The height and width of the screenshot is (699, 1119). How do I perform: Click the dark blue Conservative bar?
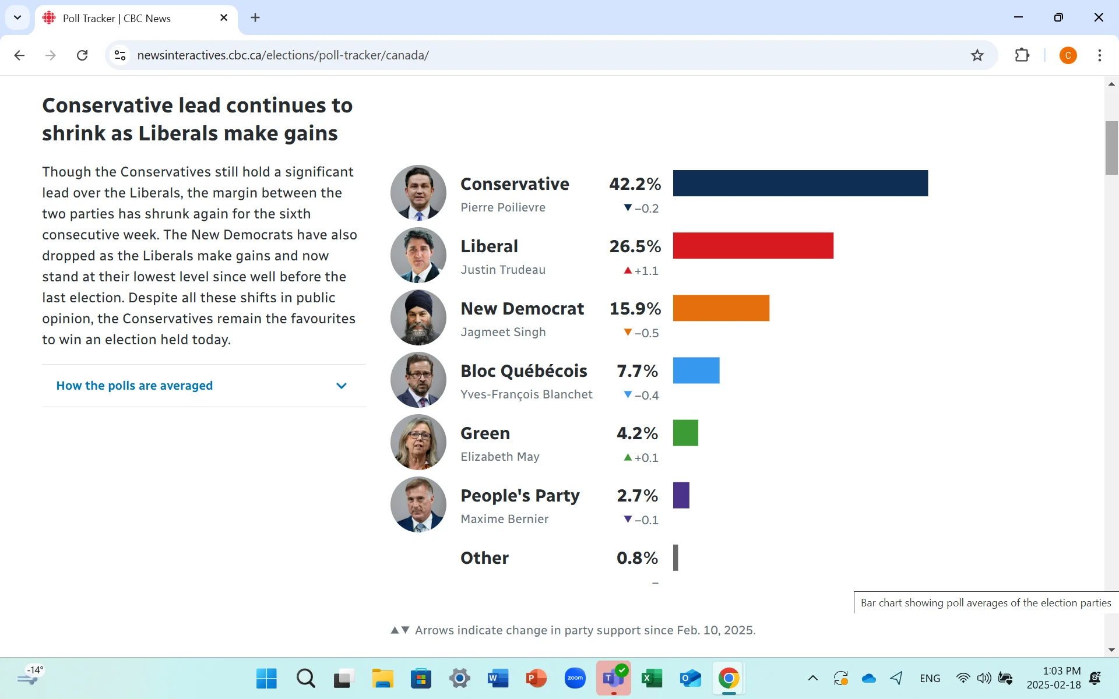[800, 183]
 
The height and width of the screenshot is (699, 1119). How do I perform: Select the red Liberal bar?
[753, 245]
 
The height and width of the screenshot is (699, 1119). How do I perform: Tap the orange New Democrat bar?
[721, 308]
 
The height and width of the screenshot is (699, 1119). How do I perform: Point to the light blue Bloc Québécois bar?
[696, 370]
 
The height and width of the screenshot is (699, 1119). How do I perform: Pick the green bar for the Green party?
[685, 432]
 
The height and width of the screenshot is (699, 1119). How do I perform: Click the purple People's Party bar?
[681, 495]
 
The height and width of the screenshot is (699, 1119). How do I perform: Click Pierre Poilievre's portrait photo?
[418, 192]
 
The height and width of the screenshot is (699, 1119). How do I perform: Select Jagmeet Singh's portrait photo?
[418, 317]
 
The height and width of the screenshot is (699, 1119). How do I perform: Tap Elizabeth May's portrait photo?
[418, 442]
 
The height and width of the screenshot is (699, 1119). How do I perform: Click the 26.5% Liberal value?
[635, 246]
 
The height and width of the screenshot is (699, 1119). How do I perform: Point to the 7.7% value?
[637, 371]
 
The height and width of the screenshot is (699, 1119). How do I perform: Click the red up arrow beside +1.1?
[628, 270]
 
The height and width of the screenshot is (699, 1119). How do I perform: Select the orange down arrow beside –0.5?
[628, 332]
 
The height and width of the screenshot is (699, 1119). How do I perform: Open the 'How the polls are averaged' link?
[135, 386]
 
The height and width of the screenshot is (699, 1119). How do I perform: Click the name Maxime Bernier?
[504, 519]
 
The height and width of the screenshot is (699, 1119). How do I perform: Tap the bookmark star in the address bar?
[977, 55]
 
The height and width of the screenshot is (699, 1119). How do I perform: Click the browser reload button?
[82, 55]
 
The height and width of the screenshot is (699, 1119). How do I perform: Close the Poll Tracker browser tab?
[224, 18]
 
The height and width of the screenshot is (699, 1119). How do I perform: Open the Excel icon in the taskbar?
[652, 678]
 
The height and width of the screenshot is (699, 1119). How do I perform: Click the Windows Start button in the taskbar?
[266, 678]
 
